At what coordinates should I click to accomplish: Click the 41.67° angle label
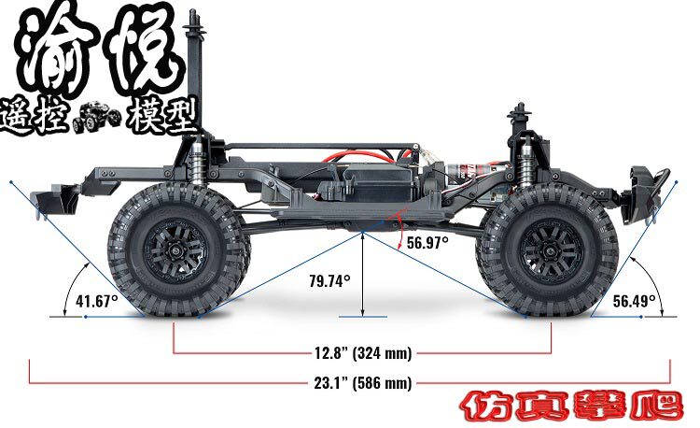pos(97,301)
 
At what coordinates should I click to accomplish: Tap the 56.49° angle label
pos(634,301)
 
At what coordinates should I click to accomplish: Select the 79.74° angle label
pos(329,281)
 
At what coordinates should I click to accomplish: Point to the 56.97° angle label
pos(427,243)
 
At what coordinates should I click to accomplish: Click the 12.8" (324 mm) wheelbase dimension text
pos(363,353)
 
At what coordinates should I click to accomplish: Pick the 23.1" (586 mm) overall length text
pos(362,383)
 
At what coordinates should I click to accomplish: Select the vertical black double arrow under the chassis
pos(362,275)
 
